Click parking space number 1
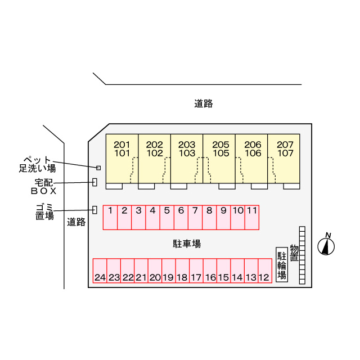tap(110, 218)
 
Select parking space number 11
tap(252, 218)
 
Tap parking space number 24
tap(100, 271)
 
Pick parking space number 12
tap(265, 271)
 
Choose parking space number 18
tap(182, 271)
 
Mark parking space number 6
tap(181, 218)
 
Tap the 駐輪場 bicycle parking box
tap(282, 265)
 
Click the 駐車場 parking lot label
tap(187, 244)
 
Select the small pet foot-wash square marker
tap(98, 168)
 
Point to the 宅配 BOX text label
tap(44, 187)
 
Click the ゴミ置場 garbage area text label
tap(45, 211)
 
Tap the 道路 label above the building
tap(204, 103)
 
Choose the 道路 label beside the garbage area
tap(76, 222)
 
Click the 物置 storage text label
tap(294, 253)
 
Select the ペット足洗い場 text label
tap(38, 164)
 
